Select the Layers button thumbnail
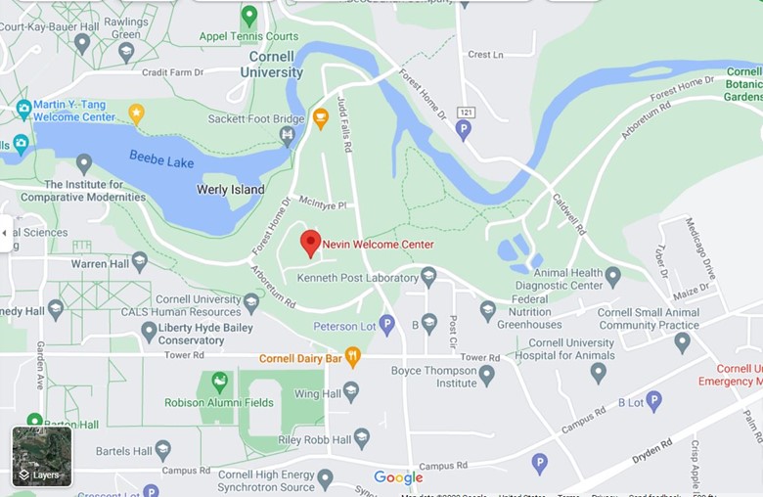42,456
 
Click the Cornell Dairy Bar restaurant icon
353,357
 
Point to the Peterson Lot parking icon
386,325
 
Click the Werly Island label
231,189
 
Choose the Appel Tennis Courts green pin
249,15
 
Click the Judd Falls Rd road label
344,125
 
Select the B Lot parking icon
653,400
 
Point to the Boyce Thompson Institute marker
486,375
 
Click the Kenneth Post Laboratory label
357,278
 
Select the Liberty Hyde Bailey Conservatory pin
149,332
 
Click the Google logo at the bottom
398,477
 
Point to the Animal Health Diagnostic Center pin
612,277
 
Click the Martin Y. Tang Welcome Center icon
24,110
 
